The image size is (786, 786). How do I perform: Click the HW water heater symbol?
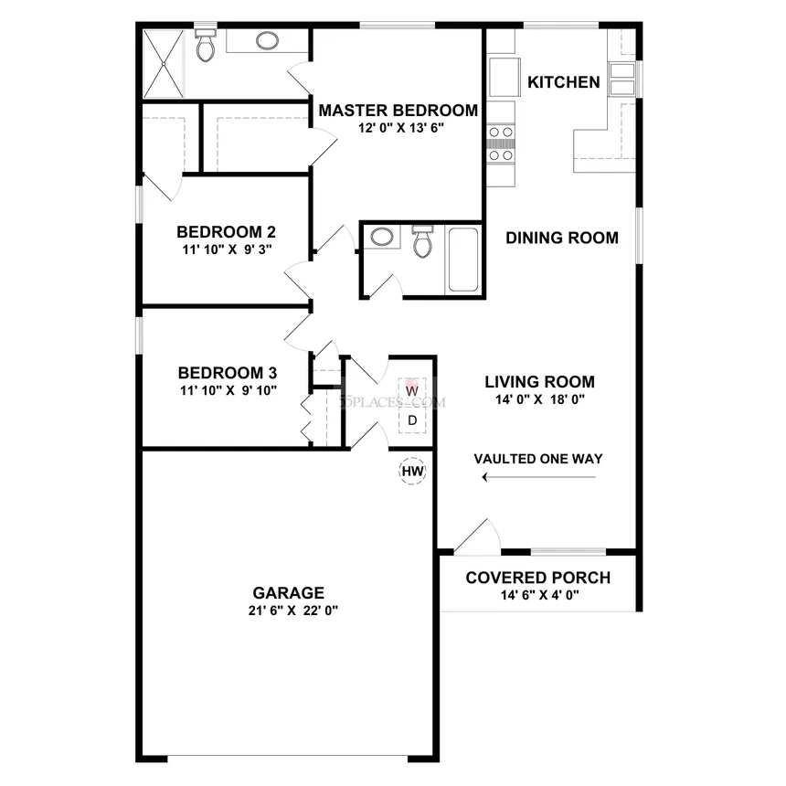coord(412,472)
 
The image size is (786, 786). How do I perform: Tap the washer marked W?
coord(412,390)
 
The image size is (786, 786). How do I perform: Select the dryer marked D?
coord(412,420)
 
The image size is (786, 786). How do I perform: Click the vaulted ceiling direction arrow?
coord(539,477)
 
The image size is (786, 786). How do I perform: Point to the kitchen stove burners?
coord(501,143)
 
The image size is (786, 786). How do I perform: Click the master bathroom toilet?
coord(205,45)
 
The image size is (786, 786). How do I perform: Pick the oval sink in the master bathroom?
coord(267,40)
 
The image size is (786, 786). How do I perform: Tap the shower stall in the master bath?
coord(164,64)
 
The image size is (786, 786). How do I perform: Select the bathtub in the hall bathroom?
coord(462,260)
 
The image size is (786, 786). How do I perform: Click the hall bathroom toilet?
coord(422,240)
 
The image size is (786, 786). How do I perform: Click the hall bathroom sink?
coord(382,237)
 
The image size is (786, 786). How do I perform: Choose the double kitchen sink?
coord(622,79)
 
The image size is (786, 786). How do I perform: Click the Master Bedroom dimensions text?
coord(401,128)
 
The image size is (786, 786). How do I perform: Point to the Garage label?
coord(288,593)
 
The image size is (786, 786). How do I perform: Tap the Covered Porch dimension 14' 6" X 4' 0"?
coord(540,595)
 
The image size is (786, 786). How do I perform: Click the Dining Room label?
coord(562,238)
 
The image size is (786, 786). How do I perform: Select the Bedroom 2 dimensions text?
coord(227,250)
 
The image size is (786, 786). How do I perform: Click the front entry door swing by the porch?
coord(477,536)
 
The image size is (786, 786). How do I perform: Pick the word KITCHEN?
coord(563,82)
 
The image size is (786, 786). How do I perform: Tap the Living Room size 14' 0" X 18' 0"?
coord(540,399)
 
